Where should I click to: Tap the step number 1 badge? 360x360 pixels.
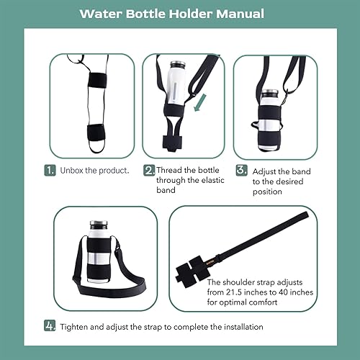(x=50, y=171)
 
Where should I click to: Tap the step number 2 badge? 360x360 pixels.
(x=149, y=171)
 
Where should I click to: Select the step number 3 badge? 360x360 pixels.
(x=240, y=171)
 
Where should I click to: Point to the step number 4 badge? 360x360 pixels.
(x=50, y=326)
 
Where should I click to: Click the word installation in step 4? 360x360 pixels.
(x=240, y=326)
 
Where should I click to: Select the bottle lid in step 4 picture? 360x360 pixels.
(x=99, y=226)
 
